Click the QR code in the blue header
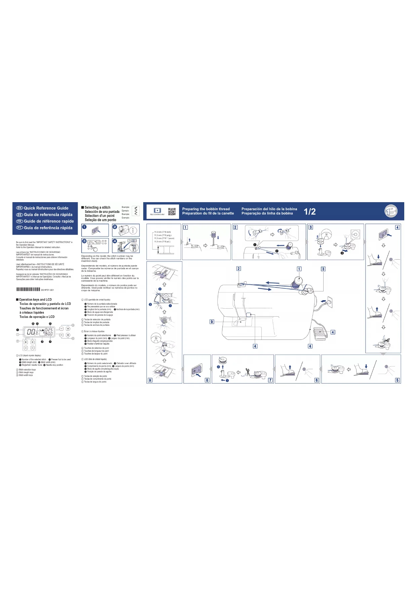click(172, 212)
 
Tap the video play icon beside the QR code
click(157, 211)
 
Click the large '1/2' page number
click(309, 212)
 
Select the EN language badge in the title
click(19, 208)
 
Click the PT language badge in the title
click(19, 228)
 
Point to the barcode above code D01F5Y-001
click(28, 289)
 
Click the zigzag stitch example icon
click(136, 211)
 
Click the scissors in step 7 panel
click(247, 371)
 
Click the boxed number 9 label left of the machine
click(212, 322)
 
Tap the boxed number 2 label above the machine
click(239, 269)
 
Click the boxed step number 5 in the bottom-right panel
click(397, 380)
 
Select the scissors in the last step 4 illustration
click(386, 340)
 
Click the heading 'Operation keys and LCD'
click(35, 300)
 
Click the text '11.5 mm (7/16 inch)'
click(162, 232)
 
